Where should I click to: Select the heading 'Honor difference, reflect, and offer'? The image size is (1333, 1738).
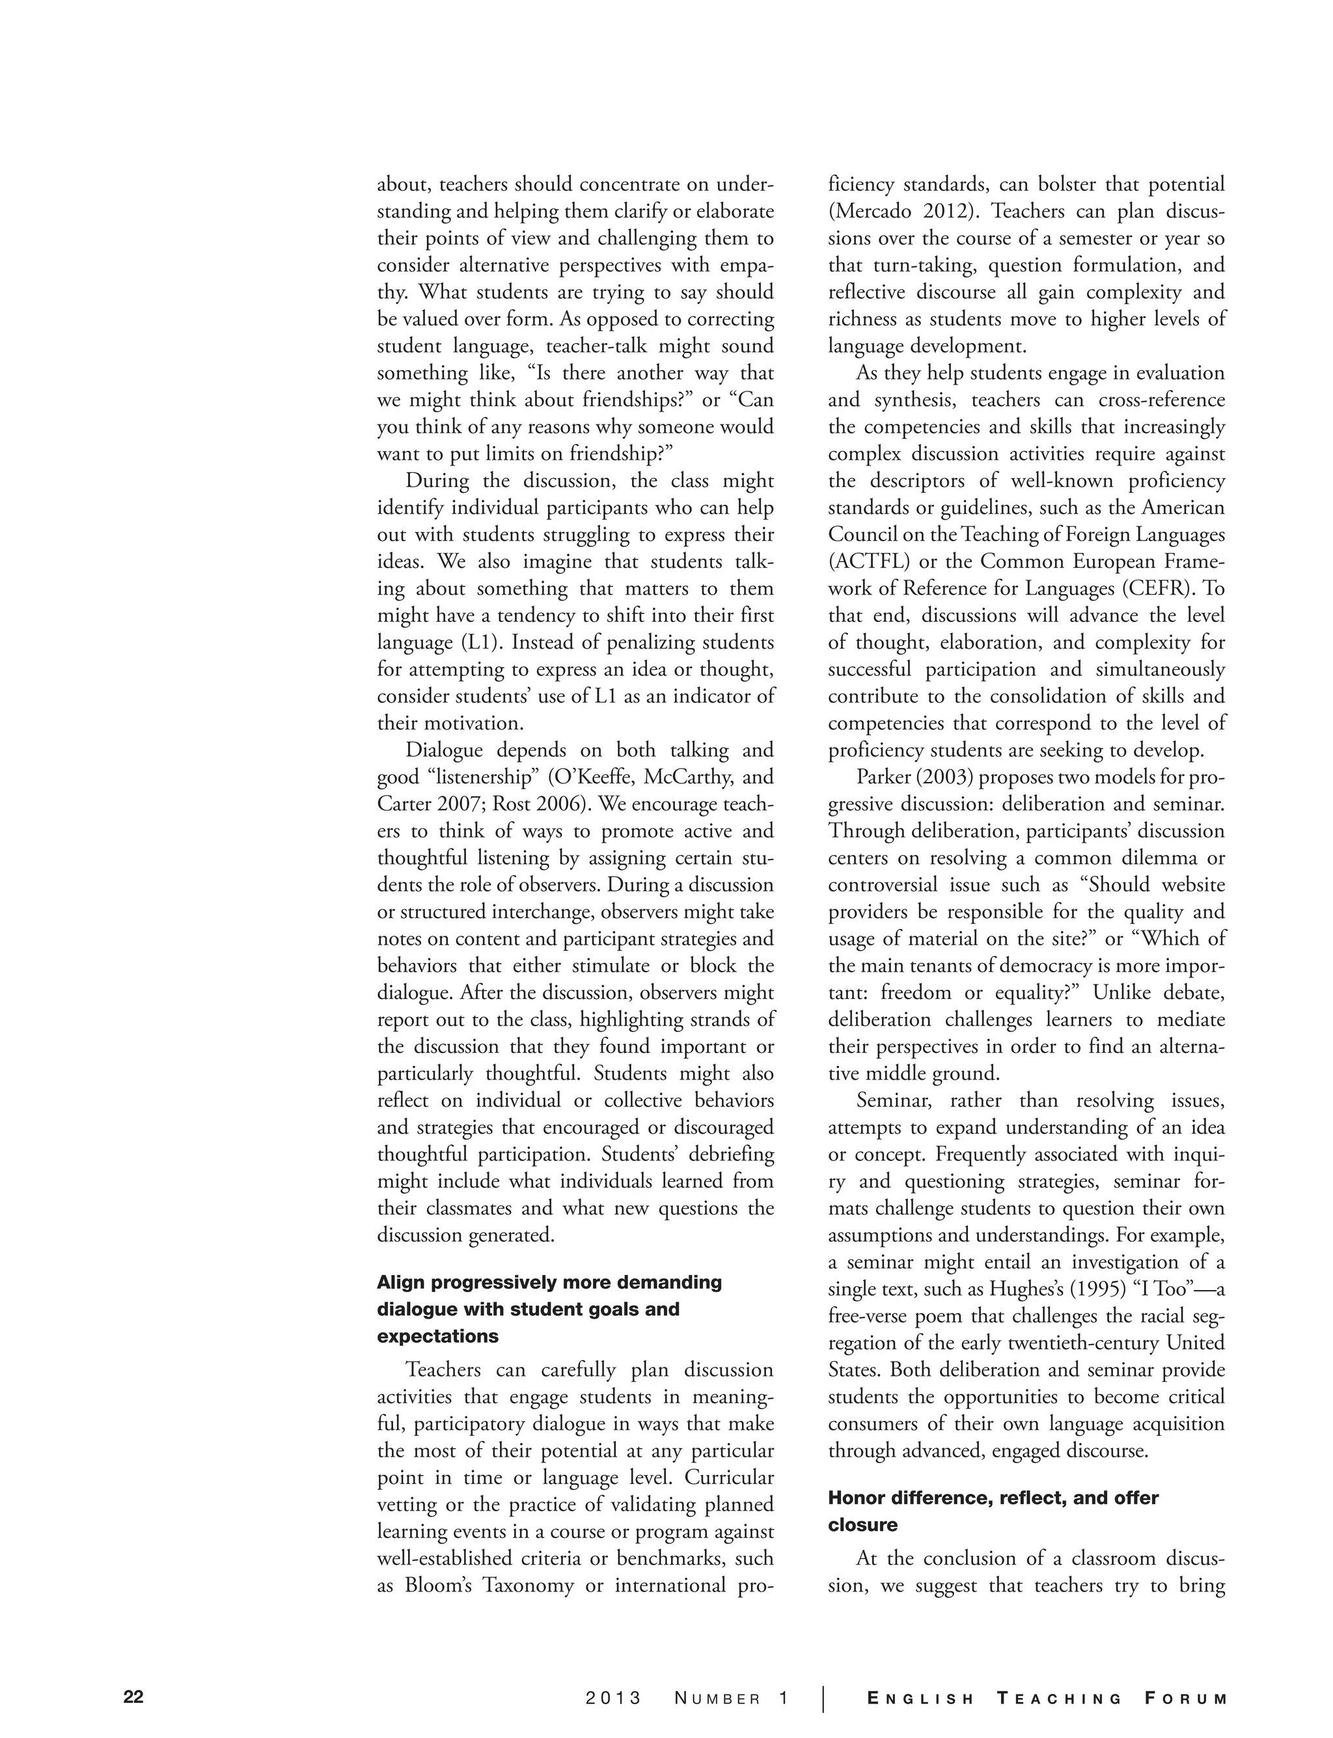click(993, 1498)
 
